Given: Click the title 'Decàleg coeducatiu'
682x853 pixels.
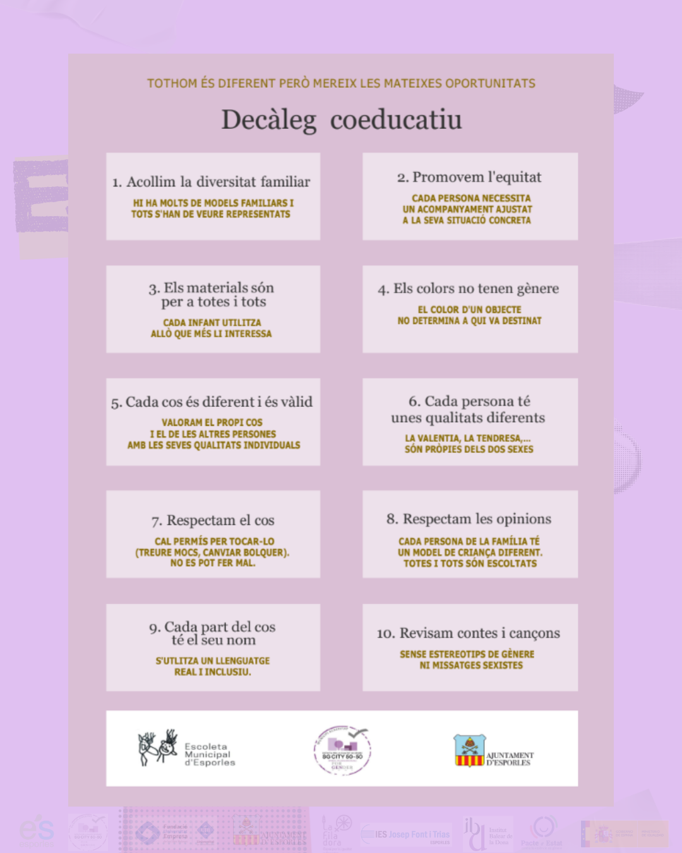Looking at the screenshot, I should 341,119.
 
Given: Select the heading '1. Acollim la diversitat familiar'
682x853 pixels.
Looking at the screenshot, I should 212,182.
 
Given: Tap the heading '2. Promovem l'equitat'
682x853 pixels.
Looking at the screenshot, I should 469,178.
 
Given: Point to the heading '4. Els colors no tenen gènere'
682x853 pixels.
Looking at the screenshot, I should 469,289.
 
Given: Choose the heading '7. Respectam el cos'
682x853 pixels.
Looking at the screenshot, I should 213,521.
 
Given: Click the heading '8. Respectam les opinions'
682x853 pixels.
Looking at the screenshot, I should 469,519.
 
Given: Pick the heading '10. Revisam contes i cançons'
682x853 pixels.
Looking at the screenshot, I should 469,633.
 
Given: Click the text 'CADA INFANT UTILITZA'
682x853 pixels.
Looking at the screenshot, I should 212,323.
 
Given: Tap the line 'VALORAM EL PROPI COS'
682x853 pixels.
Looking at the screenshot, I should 212,423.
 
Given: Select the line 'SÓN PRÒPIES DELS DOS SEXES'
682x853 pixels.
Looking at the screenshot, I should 469,449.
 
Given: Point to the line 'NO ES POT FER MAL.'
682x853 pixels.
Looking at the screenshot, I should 213,563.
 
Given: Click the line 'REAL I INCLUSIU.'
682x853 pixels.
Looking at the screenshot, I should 213,672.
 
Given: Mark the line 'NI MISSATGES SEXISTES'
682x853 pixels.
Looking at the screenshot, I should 471,665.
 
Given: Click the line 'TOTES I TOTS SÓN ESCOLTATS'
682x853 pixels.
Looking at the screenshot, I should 470,564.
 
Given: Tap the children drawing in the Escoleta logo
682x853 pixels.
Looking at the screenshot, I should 158,747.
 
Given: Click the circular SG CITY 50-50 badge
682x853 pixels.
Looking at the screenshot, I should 342,751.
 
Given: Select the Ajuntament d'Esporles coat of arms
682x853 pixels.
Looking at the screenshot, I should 469,750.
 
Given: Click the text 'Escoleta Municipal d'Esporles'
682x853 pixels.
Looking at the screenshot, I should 210,754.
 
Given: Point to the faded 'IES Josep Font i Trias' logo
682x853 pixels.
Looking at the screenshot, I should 405,835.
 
